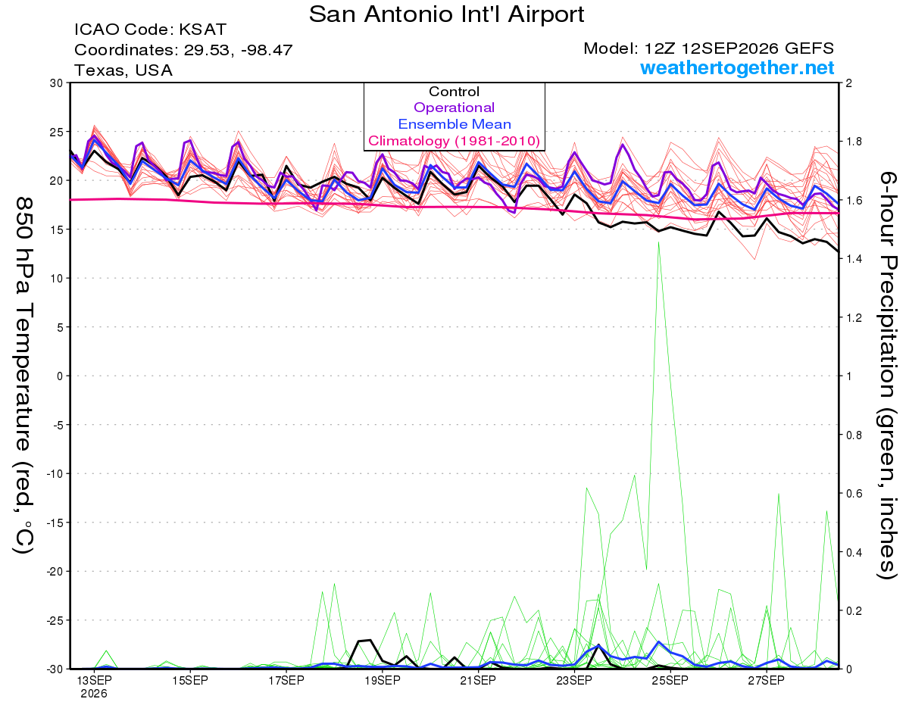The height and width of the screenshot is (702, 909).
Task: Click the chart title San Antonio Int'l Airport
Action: click(x=446, y=14)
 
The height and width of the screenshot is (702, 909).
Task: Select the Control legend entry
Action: click(x=454, y=92)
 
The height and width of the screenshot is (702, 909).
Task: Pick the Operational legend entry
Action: click(x=454, y=108)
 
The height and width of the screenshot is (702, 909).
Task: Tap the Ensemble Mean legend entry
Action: click(x=454, y=124)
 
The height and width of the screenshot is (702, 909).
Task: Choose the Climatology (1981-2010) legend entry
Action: click(x=454, y=141)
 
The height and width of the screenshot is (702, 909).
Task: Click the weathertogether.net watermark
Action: click(x=736, y=67)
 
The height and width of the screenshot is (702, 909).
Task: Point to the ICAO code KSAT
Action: click(x=202, y=30)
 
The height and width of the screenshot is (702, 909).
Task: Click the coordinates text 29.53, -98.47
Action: click(x=238, y=50)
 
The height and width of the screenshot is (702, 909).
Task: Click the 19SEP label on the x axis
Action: click(x=383, y=681)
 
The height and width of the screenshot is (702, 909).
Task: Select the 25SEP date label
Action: click(x=670, y=681)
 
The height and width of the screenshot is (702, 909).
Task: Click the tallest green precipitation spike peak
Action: click(x=658, y=242)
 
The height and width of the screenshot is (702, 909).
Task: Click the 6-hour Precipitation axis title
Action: click(x=886, y=375)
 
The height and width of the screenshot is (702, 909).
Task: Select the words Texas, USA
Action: click(x=123, y=70)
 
